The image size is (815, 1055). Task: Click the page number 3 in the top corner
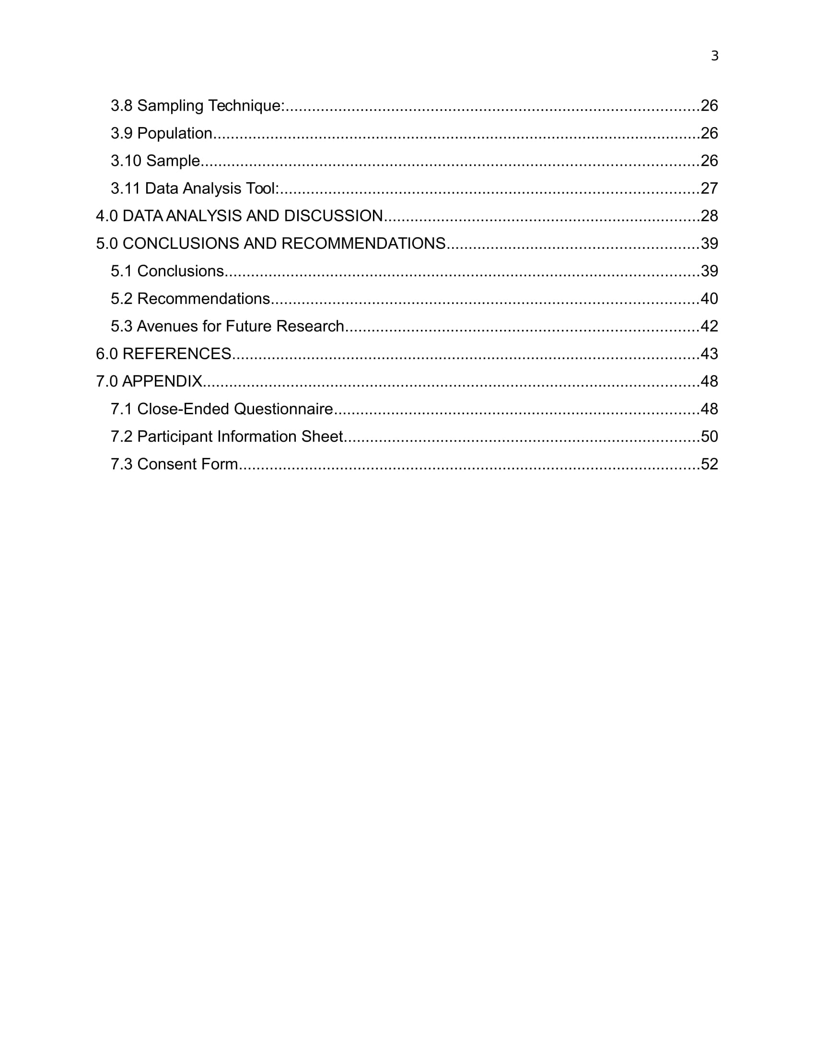click(x=715, y=56)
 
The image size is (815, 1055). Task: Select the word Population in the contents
click(x=175, y=133)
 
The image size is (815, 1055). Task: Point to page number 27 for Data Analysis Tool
click(x=709, y=188)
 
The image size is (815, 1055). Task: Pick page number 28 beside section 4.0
click(x=709, y=215)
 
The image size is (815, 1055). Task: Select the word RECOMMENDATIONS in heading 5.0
click(x=363, y=243)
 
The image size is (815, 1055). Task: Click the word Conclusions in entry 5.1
click(x=180, y=271)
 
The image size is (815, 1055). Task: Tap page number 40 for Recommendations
click(x=709, y=299)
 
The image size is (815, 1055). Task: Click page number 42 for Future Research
click(x=709, y=326)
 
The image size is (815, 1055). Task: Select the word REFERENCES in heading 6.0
click(x=177, y=353)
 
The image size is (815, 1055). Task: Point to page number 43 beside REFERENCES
click(x=709, y=353)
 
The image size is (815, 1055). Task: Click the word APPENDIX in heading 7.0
click(x=162, y=381)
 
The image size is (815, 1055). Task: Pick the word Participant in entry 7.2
click(x=175, y=436)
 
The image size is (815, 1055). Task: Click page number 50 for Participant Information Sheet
click(x=709, y=436)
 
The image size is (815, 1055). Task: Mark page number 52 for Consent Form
click(x=709, y=464)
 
